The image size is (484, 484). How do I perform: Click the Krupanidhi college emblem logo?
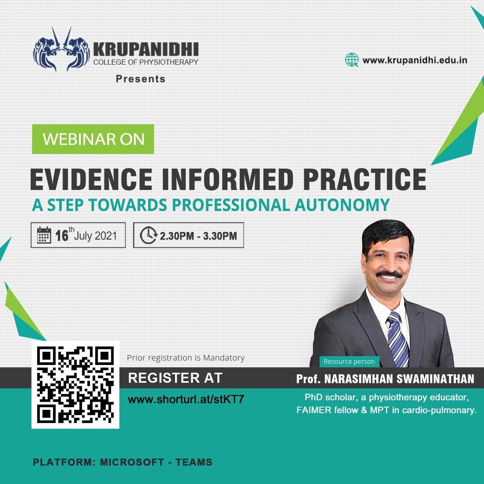click(x=62, y=49)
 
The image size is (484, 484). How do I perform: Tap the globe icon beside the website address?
click(x=352, y=60)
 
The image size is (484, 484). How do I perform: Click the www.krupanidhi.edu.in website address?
click(x=415, y=60)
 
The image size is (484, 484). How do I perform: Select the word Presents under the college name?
click(x=141, y=79)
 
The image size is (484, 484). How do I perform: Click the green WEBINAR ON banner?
click(x=93, y=139)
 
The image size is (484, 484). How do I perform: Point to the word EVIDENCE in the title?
click(x=91, y=179)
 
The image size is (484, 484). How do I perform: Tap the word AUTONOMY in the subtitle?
click(x=342, y=205)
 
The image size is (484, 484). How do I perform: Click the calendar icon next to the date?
click(x=44, y=235)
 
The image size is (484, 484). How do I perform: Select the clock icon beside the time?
click(x=148, y=235)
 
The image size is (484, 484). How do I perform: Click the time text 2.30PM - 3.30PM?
click(x=198, y=236)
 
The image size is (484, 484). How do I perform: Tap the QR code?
click(x=75, y=385)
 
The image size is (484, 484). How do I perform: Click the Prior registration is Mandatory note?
click(x=186, y=358)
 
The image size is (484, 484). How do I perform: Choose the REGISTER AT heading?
click(x=175, y=378)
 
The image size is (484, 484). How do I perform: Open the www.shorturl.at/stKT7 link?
click(x=186, y=399)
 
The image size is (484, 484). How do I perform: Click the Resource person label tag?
click(x=349, y=361)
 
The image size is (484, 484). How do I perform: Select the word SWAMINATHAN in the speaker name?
click(x=435, y=379)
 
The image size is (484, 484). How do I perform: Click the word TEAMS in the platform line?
click(x=194, y=462)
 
